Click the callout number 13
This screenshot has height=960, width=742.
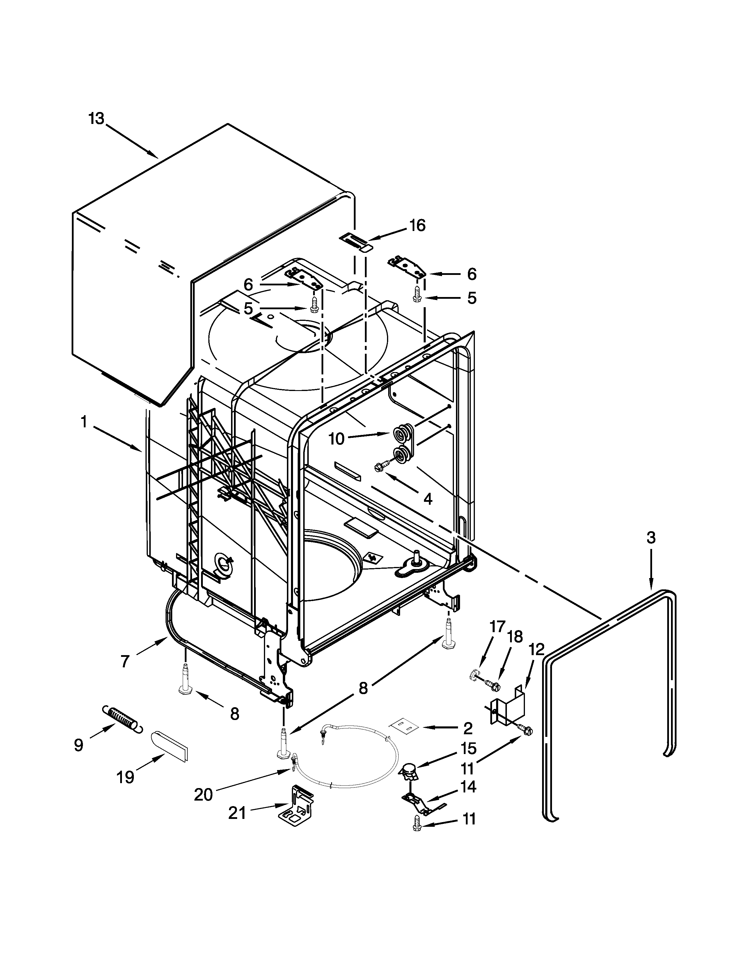[x=96, y=119]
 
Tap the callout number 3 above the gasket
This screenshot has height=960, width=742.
[x=651, y=538]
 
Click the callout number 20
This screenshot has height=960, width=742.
[x=203, y=795]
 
